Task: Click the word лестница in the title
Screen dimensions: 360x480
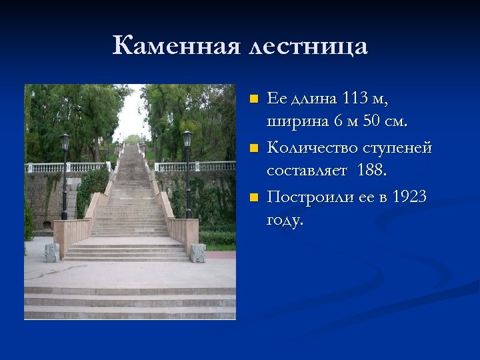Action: point(307,46)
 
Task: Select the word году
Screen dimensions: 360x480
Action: point(285,220)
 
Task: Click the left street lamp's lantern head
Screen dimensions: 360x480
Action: point(65,141)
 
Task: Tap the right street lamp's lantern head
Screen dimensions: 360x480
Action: point(187,138)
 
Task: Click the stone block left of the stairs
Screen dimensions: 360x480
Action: point(51,252)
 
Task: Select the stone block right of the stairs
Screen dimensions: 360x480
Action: point(198,253)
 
